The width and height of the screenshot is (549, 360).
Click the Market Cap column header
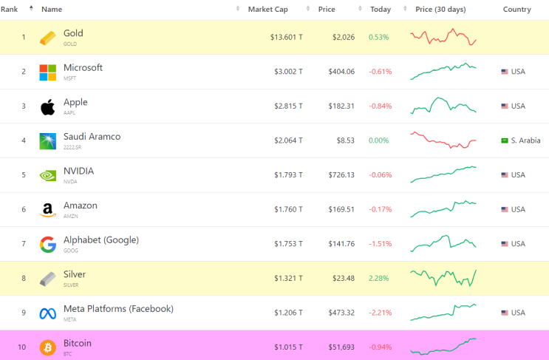point(267,10)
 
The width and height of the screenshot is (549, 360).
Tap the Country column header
point(516,10)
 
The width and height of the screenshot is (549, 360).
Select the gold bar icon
point(47,38)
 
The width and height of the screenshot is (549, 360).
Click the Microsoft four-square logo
point(47,72)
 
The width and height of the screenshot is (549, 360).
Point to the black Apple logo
point(47,106)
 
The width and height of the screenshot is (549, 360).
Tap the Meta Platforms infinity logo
point(47,313)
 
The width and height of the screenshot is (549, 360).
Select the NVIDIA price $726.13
point(339,175)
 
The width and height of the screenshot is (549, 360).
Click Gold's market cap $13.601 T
point(287,37)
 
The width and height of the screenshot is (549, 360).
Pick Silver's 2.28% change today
point(379,279)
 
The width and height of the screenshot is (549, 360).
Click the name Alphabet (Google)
point(100,240)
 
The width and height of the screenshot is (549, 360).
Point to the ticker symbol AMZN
point(70,217)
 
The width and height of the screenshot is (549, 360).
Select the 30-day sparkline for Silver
point(443,278)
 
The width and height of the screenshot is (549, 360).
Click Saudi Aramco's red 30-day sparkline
point(443,140)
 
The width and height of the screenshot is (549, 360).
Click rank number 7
point(23,244)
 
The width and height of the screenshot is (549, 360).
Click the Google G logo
point(47,245)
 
